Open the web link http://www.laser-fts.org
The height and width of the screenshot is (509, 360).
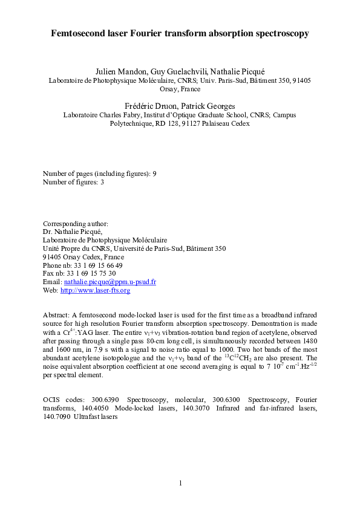tap(95, 290)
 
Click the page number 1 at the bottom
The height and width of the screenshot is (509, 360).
tap(180, 482)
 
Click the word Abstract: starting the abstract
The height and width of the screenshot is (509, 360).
tap(56, 316)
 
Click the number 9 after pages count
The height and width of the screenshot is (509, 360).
tap(155, 173)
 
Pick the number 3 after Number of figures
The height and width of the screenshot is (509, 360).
tap(102, 182)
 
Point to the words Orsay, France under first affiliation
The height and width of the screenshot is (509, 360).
tap(180, 88)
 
